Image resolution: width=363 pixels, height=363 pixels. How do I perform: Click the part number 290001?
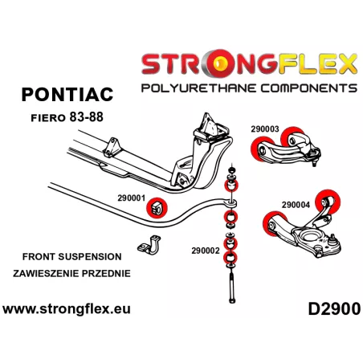click(x=131, y=198)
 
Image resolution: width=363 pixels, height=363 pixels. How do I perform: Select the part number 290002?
click(x=206, y=251)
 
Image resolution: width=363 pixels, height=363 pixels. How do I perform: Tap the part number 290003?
click(x=265, y=129)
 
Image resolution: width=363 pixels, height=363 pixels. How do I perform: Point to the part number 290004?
click(x=296, y=205)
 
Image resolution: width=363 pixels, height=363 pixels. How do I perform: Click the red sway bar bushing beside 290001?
click(x=157, y=208)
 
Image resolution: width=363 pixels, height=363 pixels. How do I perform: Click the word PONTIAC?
click(x=67, y=95)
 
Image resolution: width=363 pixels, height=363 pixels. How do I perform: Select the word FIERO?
click(x=48, y=118)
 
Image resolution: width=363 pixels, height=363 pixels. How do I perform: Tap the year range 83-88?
click(x=86, y=117)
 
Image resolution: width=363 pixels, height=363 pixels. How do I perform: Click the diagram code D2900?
click(x=334, y=309)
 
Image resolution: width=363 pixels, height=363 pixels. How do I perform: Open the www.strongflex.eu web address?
click(x=67, y=309)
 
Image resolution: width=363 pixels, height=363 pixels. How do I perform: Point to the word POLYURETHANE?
click(x=198, y=88)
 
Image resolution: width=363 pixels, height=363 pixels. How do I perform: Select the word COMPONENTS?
click(x=309, y=88)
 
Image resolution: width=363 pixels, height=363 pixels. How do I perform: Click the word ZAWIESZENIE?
click(x=46, y=274)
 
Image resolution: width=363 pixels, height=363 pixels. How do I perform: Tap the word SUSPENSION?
click(x=90, y=257)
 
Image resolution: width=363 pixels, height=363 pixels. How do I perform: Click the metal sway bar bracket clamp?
click(x=149, y=245)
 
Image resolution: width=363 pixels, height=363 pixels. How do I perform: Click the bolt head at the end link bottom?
click(x=232, y=300)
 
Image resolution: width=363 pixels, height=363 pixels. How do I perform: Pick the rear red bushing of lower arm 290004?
click(x=328, y=202)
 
